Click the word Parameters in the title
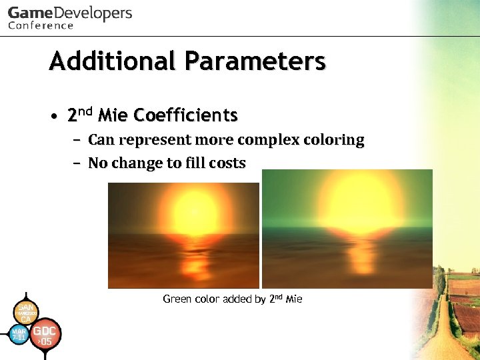[255, 61]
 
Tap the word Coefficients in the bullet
[185, 115]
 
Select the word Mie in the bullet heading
[113, 115]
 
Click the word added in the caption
[237, 299]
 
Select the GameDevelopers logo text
[70, 13]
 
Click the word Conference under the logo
[41, 26]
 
